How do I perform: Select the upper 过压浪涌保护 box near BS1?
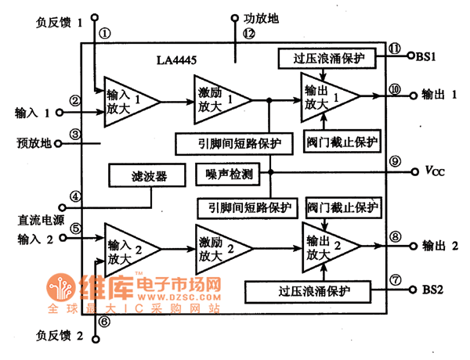coord(327,58)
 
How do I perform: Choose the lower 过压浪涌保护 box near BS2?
coord(313,292)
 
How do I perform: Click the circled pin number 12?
coord(248,33)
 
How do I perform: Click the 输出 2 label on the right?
coord(439,245)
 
